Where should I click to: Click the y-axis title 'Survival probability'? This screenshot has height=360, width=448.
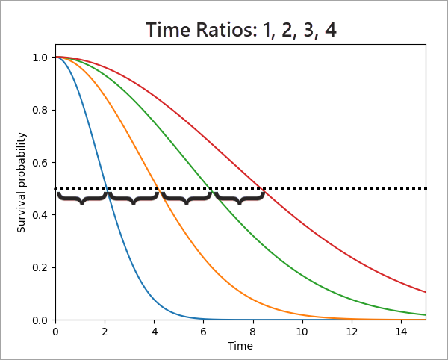pyautogui.click(x=22, y=182)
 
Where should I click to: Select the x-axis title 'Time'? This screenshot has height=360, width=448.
pyautogui.click(x=240, y=347)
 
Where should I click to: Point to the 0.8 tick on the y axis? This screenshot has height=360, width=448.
pyautogui.click(x=41, y=110)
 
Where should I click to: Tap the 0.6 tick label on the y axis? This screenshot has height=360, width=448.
pyautogui.click(x=41, y=163)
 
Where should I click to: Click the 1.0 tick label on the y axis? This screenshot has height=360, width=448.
pyautogui.click(x=41, y=58)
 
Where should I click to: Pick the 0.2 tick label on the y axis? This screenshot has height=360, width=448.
pyautogui.click(x=41, y=268)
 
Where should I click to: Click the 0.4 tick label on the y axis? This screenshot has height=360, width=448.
pyautogui.click(x=41, y=215)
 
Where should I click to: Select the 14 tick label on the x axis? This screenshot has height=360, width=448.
pyautogui.click(x=402, y=331)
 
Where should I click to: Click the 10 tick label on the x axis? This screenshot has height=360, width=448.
pyautogui.click(x=302, y=331)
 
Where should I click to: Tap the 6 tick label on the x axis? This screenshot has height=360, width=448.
pyautogui.click(x=204, y=331)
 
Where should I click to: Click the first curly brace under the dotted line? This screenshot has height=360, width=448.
pyautogui.click(x=82, y=198)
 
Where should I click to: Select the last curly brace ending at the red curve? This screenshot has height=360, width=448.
pyautogui.click(x=240, y=198)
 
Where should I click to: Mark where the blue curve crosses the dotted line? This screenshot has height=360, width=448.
pyautogui.click(x=108, y=188)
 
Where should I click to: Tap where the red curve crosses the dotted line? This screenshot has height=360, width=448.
pyautogui.click(x=261, y=188)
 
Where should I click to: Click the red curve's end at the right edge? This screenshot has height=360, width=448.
pyautogui.click(x=426, y=292)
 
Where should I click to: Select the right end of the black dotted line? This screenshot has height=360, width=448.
pyautogui.click(x=426, y=188)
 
